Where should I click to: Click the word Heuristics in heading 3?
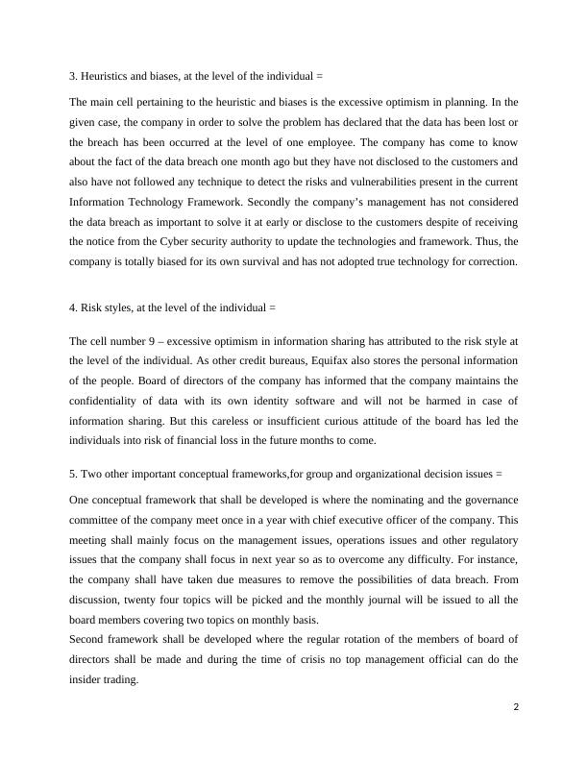[105, 75]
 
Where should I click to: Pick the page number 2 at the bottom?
[516, 706]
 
